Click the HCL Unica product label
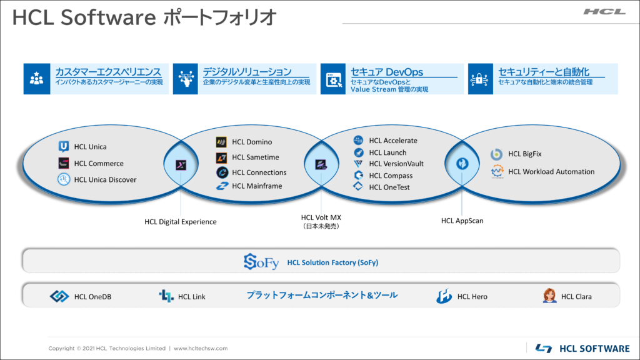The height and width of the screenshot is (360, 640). (90, 147)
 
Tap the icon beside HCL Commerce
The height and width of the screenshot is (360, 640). (64, 163)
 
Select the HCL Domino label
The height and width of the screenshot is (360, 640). (252, 142)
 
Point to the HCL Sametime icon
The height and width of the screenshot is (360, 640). (221, 157)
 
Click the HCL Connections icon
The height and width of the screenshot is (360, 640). (222, 172)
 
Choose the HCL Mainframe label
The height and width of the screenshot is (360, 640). (257, 186)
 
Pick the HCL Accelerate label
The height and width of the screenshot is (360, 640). (393, 141)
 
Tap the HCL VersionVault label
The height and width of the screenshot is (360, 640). (396, 164)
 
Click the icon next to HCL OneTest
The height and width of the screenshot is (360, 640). (358, 186)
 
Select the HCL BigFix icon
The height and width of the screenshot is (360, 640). (496, 154)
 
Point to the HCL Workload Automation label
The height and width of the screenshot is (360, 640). (551, 172)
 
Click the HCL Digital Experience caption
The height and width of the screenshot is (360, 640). (181, 222)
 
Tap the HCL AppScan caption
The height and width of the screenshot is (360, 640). (462, 221)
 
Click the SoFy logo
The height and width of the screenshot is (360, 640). (261, 262)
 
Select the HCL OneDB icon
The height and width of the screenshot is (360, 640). (59, 296)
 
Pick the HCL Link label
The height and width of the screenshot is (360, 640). (192, 297)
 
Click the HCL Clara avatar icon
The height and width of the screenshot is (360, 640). (549, 296)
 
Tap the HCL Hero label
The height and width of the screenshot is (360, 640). (472, 297)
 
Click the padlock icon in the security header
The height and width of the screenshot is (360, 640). (479, 79)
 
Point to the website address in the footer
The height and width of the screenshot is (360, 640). (201, 349)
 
